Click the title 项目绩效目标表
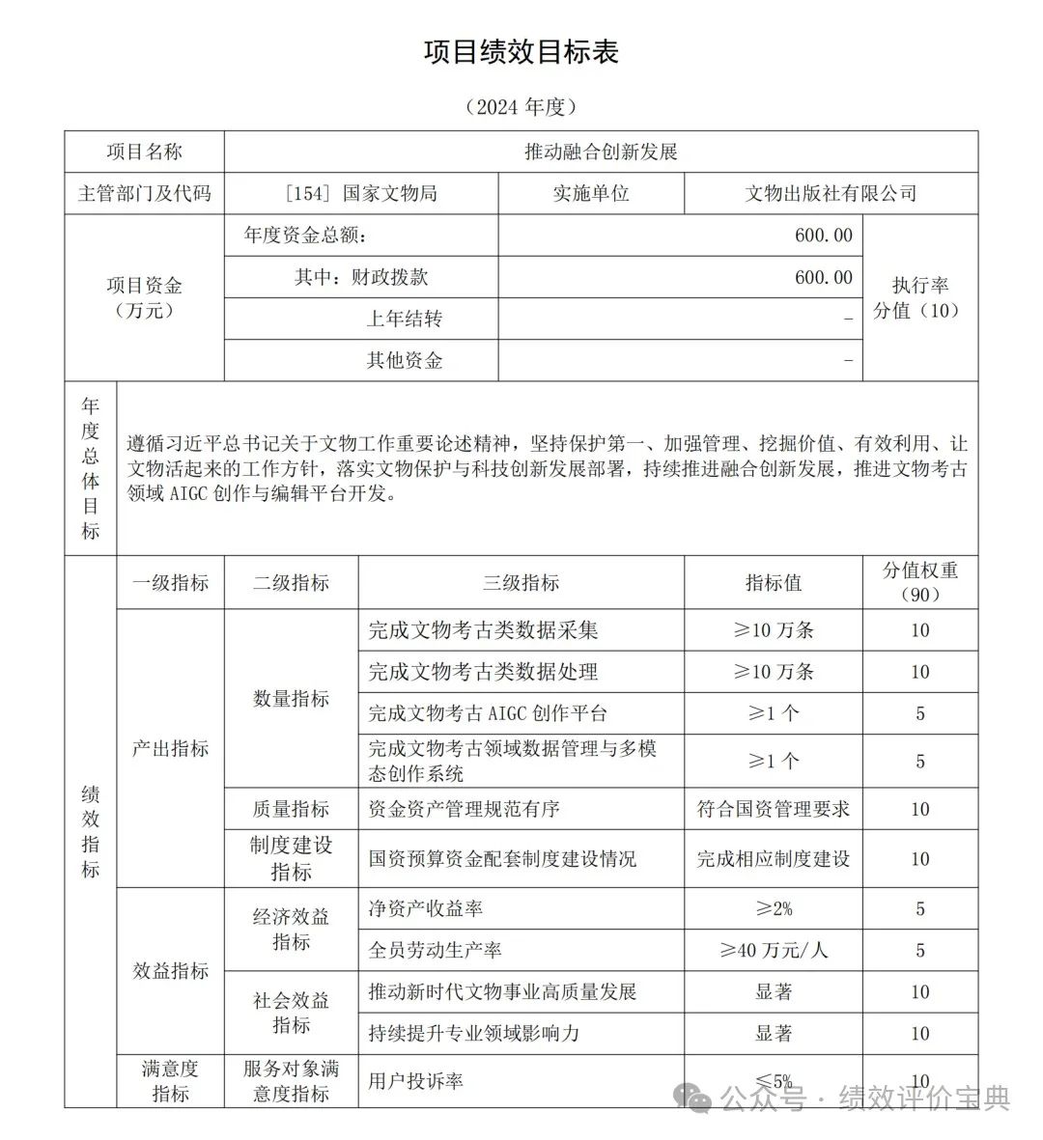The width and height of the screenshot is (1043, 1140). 521,51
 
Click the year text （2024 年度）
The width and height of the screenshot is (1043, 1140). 521,107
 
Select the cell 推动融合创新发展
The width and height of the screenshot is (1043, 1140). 601,152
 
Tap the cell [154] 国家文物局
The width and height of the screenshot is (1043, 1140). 361,193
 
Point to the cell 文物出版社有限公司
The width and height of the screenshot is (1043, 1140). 831,193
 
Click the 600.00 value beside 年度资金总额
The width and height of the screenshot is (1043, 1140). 823,236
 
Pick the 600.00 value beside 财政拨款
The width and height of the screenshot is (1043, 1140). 823,277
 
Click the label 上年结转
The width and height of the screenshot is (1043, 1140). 404,319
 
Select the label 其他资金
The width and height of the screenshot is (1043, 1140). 404,360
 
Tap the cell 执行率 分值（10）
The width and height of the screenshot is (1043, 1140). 919,297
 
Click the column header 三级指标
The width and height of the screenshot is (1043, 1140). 521,582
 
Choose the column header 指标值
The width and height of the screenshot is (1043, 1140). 773,582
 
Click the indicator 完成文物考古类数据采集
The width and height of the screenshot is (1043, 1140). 483,630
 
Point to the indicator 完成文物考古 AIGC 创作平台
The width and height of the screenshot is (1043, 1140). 488,713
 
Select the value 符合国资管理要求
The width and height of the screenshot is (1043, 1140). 773,809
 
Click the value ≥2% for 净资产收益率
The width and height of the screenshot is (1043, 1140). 773,908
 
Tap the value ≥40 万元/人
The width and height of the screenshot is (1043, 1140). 773,950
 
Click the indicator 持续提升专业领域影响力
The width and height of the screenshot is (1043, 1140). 473,1033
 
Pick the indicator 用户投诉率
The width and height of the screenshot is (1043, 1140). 415,1081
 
